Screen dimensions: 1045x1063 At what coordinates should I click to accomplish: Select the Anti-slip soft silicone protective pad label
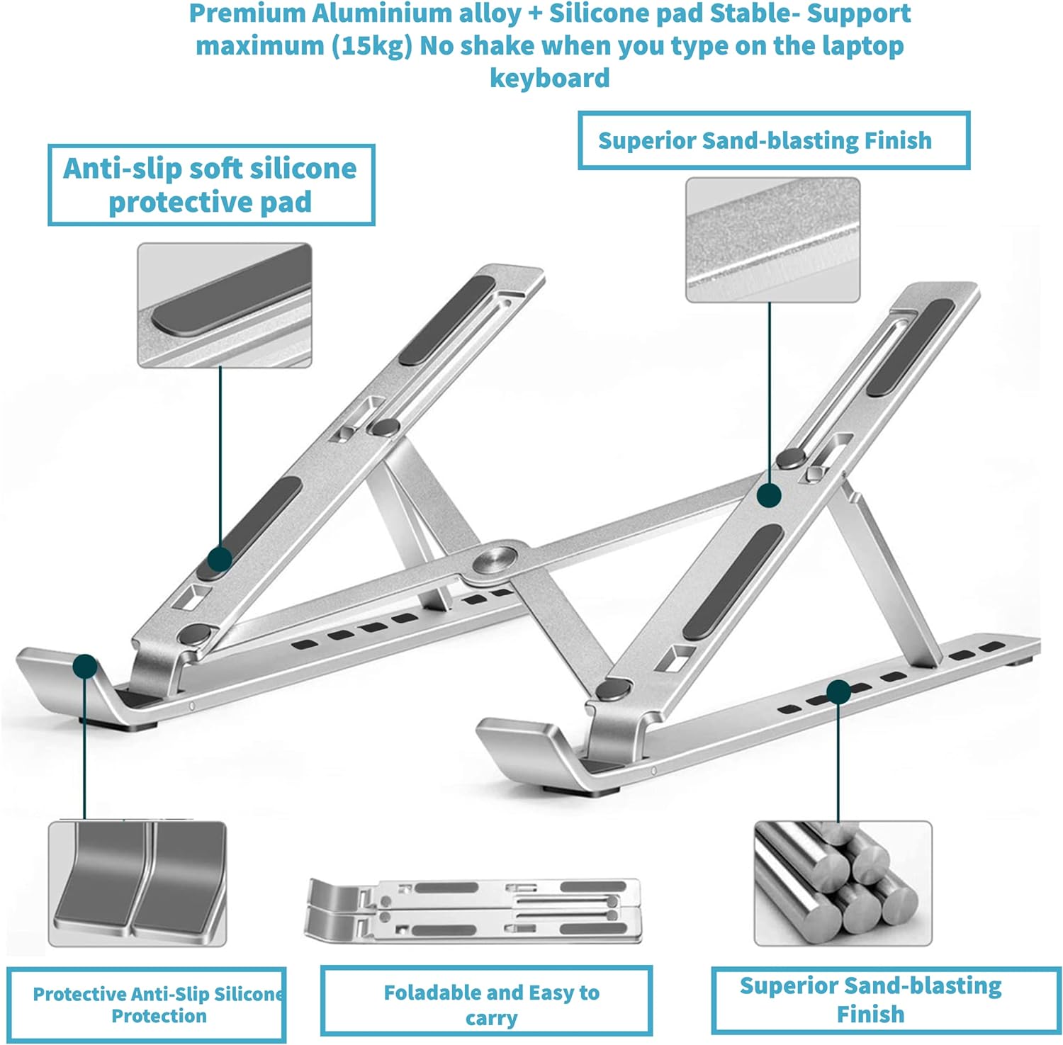210,185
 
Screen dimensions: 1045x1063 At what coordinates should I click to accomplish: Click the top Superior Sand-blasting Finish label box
773,140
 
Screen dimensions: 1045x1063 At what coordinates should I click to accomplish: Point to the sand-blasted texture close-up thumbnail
772,239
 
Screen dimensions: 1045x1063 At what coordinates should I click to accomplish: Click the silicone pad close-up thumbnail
224,305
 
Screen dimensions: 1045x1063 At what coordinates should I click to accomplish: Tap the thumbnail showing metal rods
842,883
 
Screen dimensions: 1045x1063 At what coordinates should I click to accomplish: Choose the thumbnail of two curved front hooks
137,883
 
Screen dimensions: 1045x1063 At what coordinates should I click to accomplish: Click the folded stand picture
473,911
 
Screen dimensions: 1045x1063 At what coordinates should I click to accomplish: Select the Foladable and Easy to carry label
486,1004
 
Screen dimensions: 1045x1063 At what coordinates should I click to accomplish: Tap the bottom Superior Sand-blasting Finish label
870,999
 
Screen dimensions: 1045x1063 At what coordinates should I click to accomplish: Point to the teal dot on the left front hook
85,666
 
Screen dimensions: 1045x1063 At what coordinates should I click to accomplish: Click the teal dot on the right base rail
838,692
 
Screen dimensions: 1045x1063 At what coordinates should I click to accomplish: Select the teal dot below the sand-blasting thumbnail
769,495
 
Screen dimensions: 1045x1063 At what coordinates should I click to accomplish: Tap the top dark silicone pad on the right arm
911,346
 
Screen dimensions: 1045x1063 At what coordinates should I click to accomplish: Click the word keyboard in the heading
549,78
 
